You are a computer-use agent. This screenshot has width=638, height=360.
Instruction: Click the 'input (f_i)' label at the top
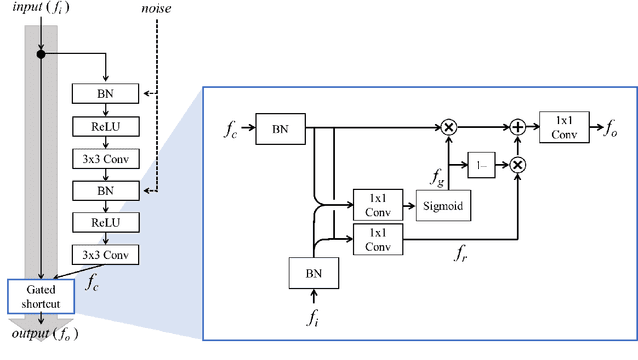(40, 10)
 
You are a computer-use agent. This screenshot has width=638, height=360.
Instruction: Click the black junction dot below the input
(40, 54)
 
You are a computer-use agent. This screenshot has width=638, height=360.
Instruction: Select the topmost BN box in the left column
(105, 94)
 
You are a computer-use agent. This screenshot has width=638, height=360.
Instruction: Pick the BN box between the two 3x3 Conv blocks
(105, 188)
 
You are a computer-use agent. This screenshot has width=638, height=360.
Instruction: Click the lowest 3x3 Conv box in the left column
(105, 253)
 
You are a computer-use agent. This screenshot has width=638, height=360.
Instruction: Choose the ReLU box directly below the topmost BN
(105, 127)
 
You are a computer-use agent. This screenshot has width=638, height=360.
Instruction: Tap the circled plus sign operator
(519, 127)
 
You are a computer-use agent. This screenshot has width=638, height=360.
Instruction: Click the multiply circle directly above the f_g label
(449, 127)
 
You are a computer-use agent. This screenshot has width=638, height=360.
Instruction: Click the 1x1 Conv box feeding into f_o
(564, 126)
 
